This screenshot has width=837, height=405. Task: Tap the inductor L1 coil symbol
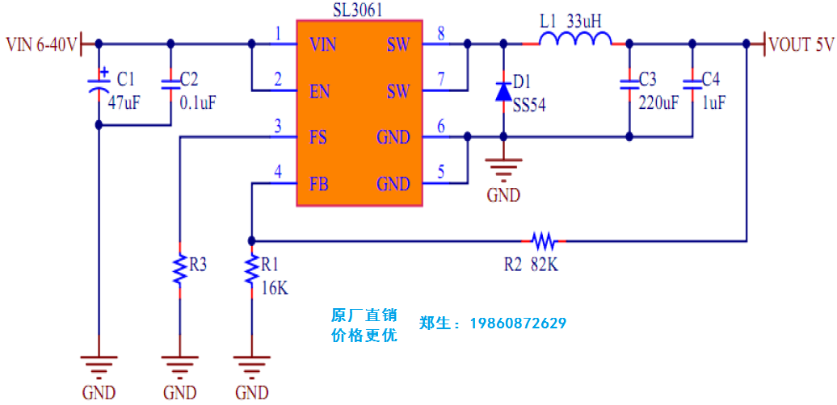tap(575, 41)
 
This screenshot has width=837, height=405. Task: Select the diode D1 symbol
tap(503, 90)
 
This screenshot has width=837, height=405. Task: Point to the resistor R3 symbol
tap(179, 269)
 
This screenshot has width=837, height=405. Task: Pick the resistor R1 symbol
tap(252, 271)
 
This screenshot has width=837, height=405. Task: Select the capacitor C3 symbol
tap(628, 82)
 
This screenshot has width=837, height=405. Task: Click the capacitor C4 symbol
tap(692, 82)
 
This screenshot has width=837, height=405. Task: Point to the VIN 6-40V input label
tap(41, 44)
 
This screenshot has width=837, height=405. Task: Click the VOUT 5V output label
tap(801, 44)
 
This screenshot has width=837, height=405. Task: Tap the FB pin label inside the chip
tap(319, 184)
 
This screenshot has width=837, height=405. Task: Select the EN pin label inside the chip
tap(320, 91)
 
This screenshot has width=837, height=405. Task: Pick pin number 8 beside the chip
tap(440, 33)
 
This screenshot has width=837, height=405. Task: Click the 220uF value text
tap(658, 102)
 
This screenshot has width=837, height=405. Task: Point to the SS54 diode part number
tap(529, 104)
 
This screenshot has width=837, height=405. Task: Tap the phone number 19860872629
tap(516, 324)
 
